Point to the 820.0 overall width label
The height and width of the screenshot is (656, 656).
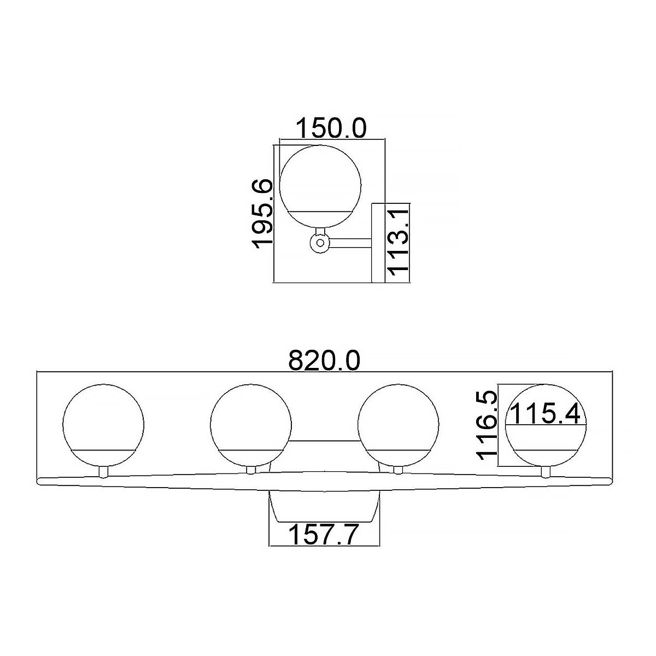(325, 361)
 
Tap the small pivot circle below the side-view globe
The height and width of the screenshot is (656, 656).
(320, 243)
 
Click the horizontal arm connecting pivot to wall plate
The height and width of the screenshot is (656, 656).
(350, 243)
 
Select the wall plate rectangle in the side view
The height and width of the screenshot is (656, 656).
(378, 243)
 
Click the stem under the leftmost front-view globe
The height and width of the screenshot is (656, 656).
(103, 472)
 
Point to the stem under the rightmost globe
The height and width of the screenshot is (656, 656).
(545, 472)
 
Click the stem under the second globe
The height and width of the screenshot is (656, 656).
(251, 470)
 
